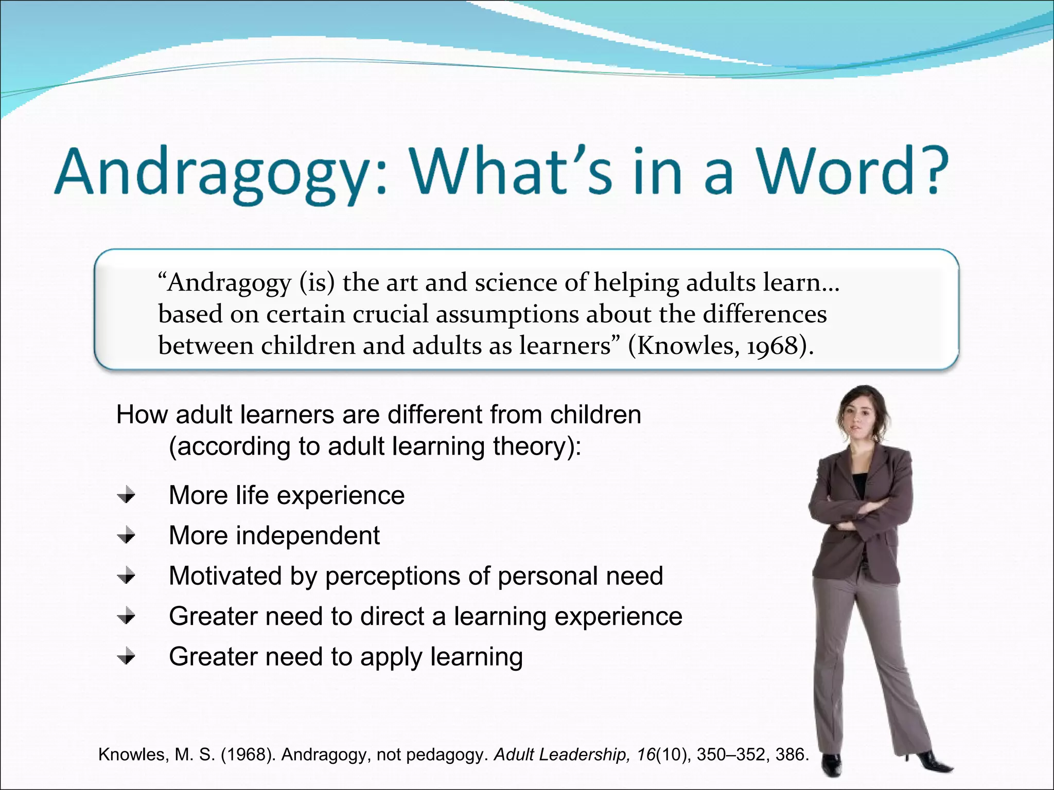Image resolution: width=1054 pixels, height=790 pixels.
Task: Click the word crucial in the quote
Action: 390,314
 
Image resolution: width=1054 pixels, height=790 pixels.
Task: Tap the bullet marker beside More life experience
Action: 126,496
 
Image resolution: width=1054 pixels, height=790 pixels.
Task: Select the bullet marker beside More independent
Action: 126,536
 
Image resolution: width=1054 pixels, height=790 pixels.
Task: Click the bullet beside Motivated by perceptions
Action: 126,576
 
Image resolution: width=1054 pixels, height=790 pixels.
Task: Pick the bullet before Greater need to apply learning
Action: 126,657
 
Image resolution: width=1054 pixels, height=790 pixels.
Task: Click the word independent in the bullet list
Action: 307,535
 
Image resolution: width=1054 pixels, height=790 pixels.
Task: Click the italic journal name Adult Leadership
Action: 561,755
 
